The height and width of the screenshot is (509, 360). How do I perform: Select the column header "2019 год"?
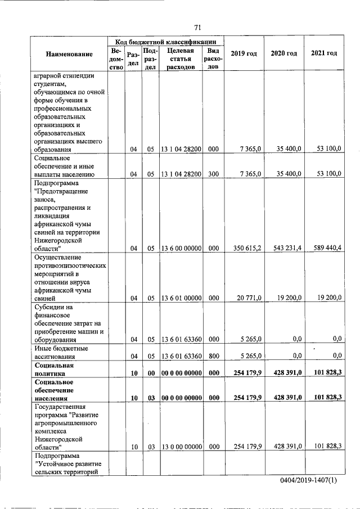tap(244, 53)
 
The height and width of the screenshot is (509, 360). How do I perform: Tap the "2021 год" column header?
tap(324, 53)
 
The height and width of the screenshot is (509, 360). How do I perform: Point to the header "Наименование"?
tap(70, 54)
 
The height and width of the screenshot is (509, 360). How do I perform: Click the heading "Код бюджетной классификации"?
tap(166, 42)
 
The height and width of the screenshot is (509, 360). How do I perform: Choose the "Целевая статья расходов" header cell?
tap(181, 58)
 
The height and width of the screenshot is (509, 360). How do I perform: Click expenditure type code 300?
tap(213, 174)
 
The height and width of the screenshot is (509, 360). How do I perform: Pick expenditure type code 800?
tap(213, 355)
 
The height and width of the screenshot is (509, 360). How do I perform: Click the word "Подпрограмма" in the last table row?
tap(57, 455)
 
